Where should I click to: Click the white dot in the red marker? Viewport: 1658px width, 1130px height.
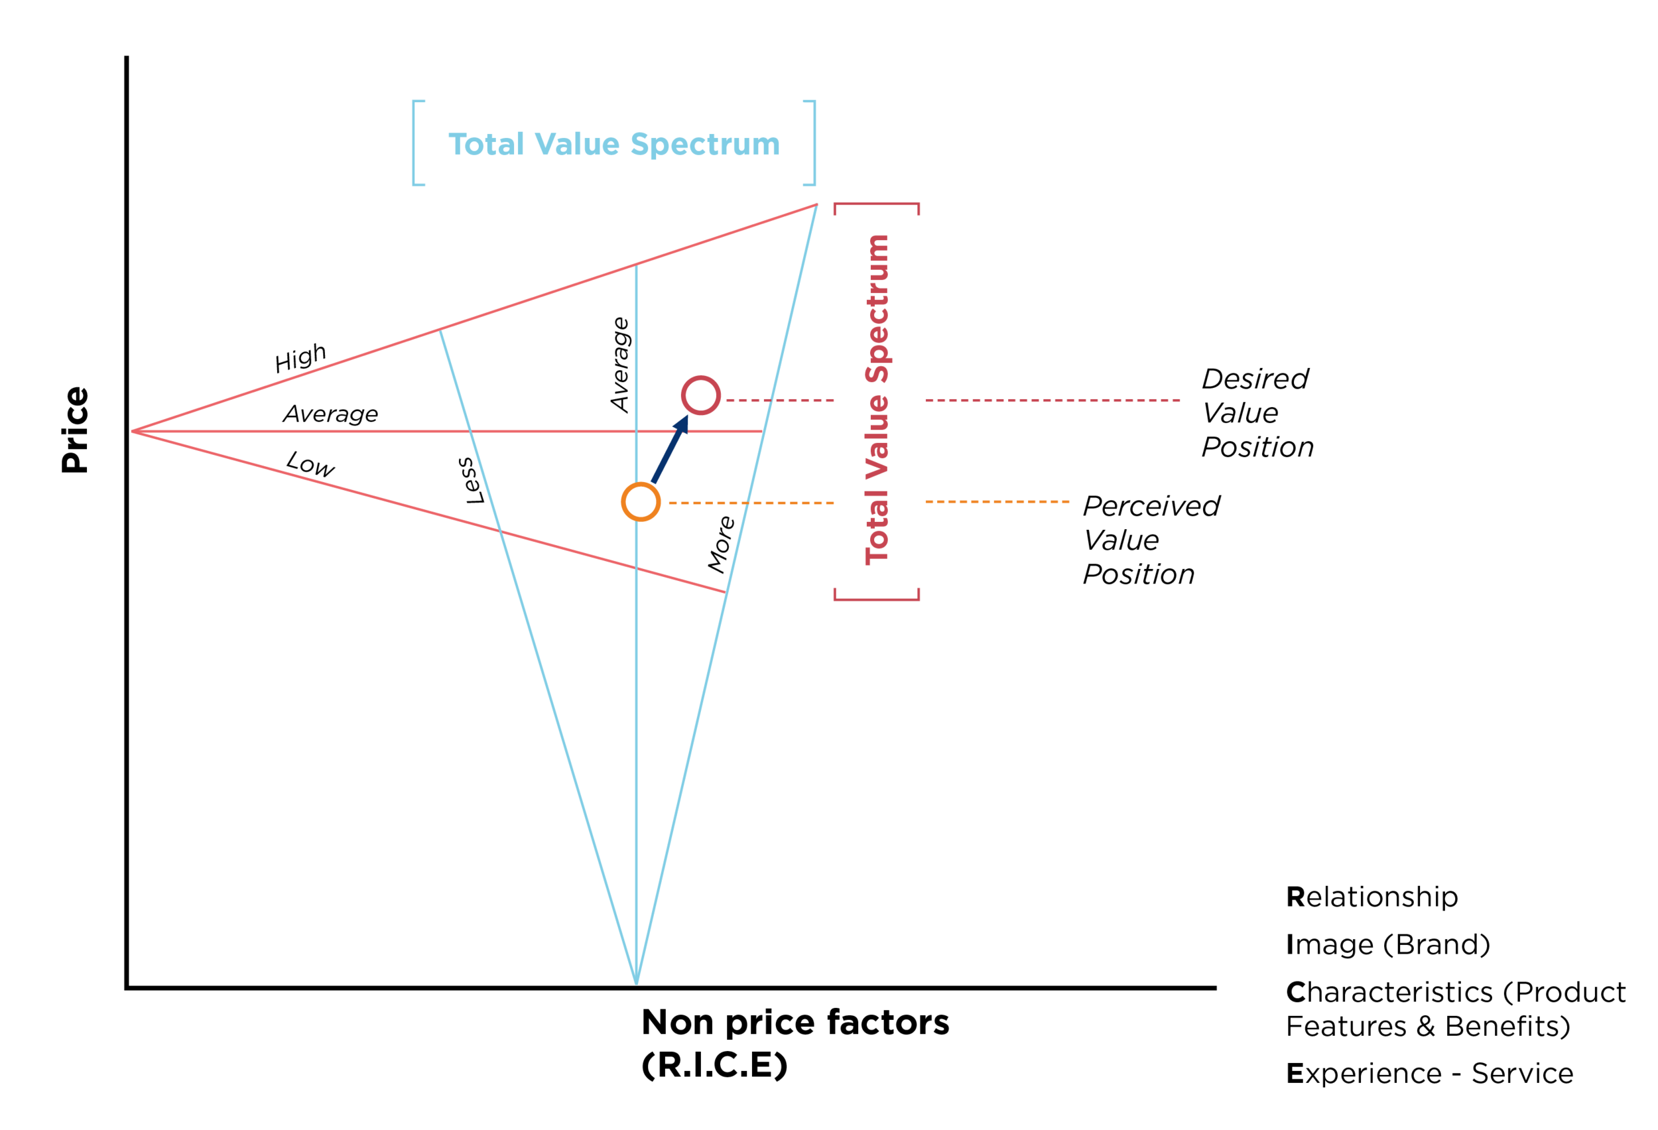coord(700,395)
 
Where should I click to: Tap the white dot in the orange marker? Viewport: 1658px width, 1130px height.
coord(641,502)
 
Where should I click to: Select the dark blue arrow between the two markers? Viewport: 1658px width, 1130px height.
coord(669,450)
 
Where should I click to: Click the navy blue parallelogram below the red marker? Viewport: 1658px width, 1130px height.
coord(714,464)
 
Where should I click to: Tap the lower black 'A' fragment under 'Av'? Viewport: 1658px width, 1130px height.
coord(303,462)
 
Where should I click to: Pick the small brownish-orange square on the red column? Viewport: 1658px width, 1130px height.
coord(883,483)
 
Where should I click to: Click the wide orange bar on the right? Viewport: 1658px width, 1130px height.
coord(1002,742)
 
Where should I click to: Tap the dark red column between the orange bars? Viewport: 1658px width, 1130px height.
coord(878,785)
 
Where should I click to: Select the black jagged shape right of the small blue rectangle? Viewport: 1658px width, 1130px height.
coord(722,553)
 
